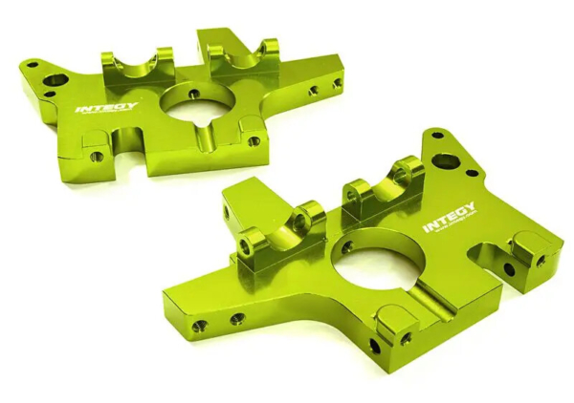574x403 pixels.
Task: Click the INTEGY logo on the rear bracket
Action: tap(105, 108)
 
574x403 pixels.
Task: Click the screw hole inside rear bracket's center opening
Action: tap(194, 95)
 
